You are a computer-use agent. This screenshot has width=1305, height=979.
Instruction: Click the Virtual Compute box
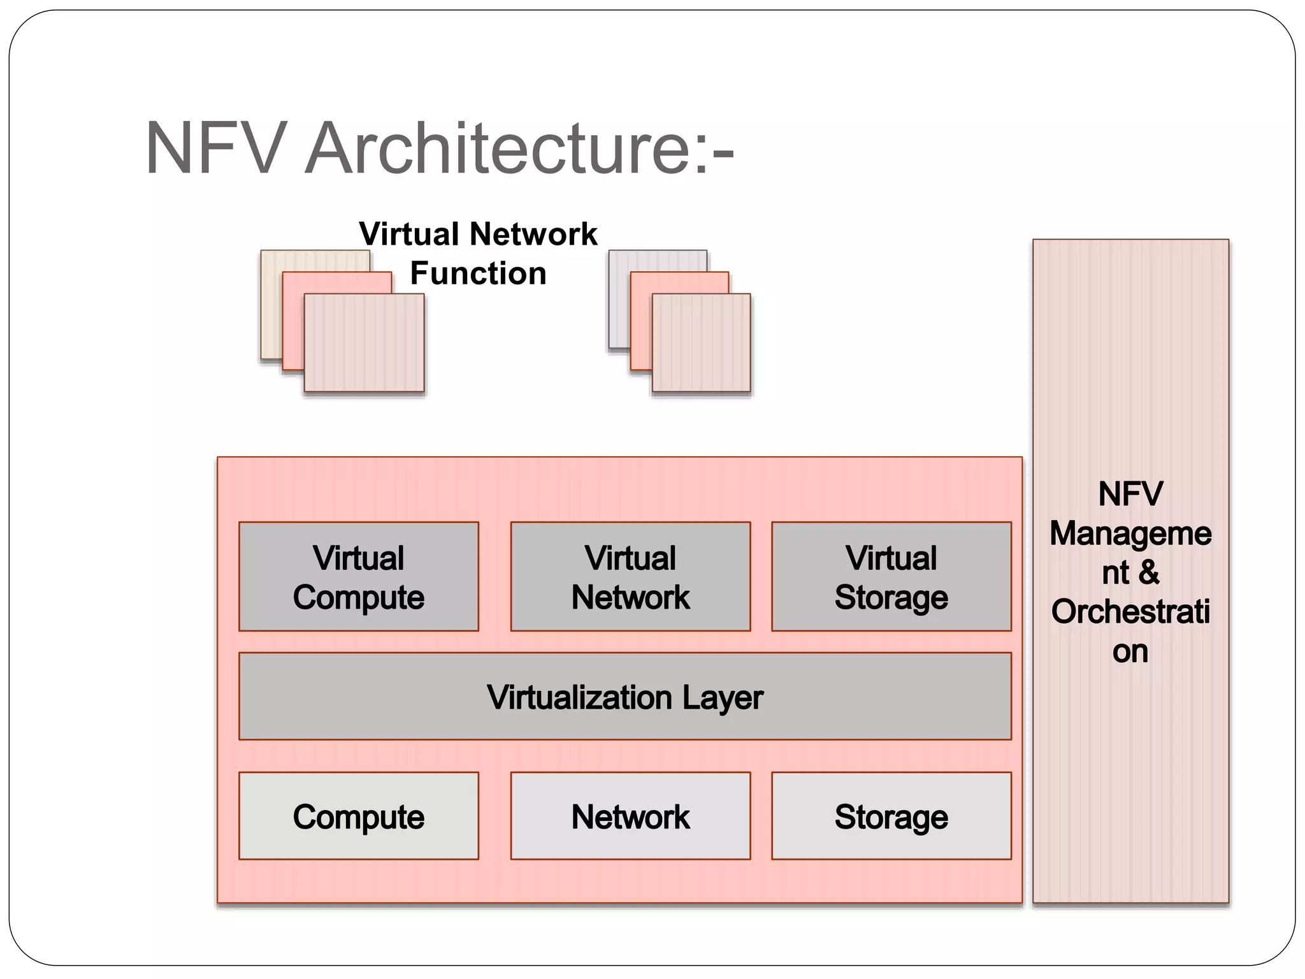358,577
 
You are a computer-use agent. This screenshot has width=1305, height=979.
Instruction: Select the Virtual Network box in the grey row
630,577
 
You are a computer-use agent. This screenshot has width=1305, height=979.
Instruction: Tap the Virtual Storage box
891,577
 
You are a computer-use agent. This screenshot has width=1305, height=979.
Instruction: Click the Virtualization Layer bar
624,697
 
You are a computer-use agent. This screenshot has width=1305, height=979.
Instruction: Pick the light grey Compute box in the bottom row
358,816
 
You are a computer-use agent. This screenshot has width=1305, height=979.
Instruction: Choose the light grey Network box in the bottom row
630,816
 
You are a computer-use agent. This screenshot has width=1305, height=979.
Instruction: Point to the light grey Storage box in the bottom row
891,816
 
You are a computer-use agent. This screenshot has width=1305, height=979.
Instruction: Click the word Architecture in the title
497,149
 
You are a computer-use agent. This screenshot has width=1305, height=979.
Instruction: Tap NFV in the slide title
213,149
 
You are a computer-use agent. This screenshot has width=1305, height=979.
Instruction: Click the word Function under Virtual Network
478,273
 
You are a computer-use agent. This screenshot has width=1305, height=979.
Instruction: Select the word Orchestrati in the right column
1130,612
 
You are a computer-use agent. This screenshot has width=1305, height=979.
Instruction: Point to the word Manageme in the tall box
1130,533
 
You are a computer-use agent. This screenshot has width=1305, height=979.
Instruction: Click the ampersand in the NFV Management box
1148,572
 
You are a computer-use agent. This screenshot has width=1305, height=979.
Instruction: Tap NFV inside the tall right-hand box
1130,494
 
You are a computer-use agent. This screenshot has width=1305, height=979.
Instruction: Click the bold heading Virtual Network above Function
478,234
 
